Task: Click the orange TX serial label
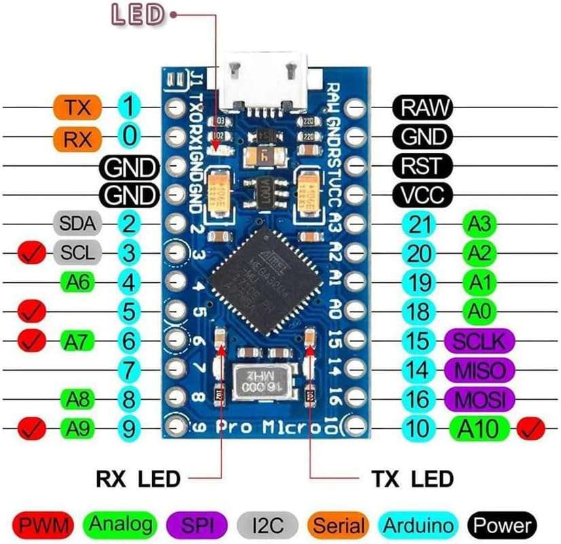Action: pos(77,107)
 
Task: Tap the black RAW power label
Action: pos(422,107)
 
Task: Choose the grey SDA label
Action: pos(77,222)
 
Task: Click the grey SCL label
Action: pos(77,253)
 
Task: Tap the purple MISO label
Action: pos(475,371)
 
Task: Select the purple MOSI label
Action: pos(475,398)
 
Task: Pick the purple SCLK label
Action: pos(476,341)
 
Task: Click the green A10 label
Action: pos(478,428)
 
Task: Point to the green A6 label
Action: pos(81,282)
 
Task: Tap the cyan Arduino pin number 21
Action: pos(420,223)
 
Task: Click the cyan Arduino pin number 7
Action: pos(129,371)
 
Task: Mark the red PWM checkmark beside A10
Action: pos(530,428)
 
